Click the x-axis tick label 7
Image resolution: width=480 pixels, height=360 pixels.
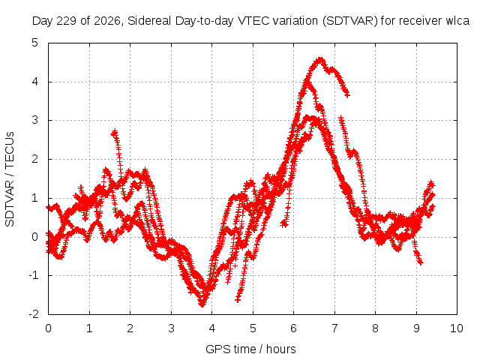(334, 328)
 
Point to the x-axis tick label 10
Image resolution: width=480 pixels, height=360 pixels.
(456, 328)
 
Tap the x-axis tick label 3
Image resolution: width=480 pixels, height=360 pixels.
(171, 328)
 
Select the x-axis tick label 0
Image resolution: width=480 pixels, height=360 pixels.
(48, 328)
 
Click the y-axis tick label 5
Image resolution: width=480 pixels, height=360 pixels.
(35, 43)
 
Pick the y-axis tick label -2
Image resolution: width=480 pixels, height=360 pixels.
(34, 314)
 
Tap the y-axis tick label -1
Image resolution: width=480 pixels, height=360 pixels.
(34, 275)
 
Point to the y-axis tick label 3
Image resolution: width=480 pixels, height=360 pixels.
(35, 120)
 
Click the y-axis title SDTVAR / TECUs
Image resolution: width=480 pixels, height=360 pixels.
(10, 179)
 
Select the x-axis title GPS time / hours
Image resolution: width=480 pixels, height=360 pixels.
(250, 349)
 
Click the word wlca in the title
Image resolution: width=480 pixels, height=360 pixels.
(457, 20)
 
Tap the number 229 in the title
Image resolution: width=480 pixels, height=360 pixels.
(67, 20)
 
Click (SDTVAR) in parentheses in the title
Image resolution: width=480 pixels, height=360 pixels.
(350, 21)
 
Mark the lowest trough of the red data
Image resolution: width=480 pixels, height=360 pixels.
(202, 304)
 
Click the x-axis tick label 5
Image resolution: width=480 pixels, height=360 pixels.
(253, 328)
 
